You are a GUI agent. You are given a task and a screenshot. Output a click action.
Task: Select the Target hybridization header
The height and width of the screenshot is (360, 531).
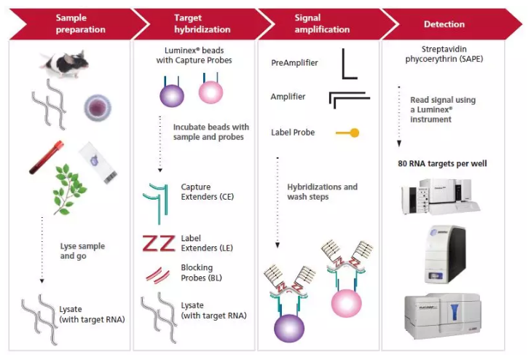pos(193,24)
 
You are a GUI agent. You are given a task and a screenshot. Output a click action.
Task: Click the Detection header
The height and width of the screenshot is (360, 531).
pos(444,24)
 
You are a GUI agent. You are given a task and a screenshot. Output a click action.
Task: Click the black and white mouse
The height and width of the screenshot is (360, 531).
pos(65,63)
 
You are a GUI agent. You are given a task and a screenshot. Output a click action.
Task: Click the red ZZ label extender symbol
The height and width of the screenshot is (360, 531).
pos(157,243)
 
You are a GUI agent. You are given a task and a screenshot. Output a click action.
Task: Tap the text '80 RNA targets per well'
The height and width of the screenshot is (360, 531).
pos(442,163)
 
